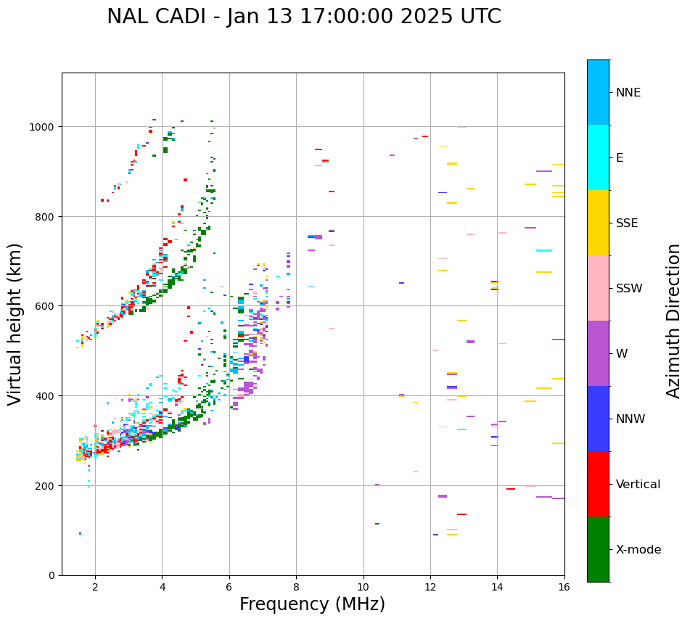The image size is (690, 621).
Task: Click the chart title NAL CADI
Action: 303,17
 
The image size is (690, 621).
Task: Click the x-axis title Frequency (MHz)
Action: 312,604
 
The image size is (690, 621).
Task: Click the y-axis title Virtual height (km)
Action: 15,324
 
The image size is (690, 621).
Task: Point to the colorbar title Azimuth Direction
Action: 674,321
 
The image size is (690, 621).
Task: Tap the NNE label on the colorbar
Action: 628,92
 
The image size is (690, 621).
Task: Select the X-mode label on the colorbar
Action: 638,550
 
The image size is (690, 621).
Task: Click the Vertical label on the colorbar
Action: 638,485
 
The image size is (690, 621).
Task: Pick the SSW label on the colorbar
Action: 629,288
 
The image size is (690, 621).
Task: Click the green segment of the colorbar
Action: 598,549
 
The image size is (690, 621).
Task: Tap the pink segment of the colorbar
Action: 598,288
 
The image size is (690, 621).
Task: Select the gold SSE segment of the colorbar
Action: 598,223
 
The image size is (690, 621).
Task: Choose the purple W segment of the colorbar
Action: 598,353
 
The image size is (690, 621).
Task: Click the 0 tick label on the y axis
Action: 52,575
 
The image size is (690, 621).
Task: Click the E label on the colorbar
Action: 620,157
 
